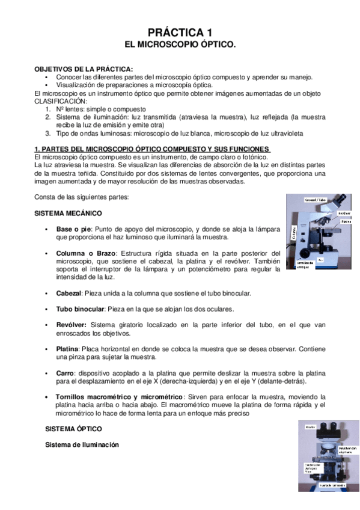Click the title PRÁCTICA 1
pyautogui.click(x=180, y=32)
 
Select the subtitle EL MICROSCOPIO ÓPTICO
pyautogui.click(x=180, y=45)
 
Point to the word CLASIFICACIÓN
pyautogui.click(x=61, y=102)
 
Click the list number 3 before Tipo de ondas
pyautogui.click(x=48, y=133)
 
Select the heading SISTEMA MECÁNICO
pyautogui.click(x=68, y=214)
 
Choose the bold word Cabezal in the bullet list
pyautogui.click(x=69, y=293)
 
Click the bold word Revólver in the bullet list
pyautogui.click(x=72, y=325)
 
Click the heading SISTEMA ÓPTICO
pyautogui.click(x=76, y=429)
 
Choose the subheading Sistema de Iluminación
pyautogui.click(x=82, y=444)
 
